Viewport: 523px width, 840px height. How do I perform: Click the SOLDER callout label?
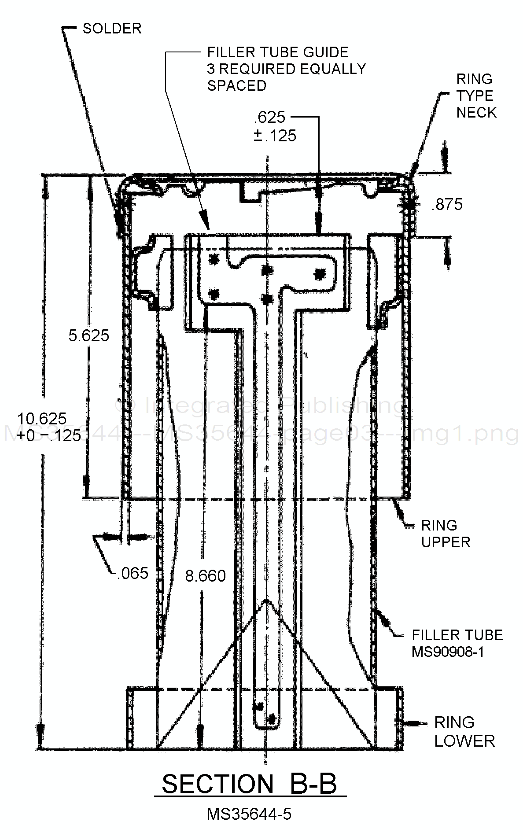pyautogui.click(x=112, y=29)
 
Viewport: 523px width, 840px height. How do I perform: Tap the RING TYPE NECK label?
pyautogui.click(x=476, y=96)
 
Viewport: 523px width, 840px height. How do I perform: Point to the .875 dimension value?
pyautogui.click(x=447, y=205)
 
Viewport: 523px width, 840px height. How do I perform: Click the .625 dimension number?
pyautogui.click(x=269, y=118)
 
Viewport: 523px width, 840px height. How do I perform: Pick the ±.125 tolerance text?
pyautogui.click(x=275, y=136)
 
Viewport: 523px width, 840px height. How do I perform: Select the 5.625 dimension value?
pyautogui.click(x=88, y=335)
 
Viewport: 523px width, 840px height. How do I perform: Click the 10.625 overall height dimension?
pyautogui.click(x=41, y=418)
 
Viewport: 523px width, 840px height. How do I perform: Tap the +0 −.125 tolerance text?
pyautogui.click(x=49, y=435)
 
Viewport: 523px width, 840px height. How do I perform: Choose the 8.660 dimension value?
pyautogui.click(x=205, y=576)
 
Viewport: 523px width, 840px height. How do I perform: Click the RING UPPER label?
pyautogui.click(x=445, y=534)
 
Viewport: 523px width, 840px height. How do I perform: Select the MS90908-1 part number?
pyautogui.click(x=448, y=652)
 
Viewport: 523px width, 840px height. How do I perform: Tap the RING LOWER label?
pyautogui.click(x=464, y=732)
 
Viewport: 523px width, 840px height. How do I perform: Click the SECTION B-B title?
pyautogui.click(x=249, y=784)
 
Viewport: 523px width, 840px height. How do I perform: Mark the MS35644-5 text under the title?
pyautogui.click(x=249, y=814)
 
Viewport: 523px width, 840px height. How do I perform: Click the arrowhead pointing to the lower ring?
pyautogui.click(x=409, y=723)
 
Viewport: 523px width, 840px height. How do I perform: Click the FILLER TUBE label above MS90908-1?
pyautogui.click(x=457, y=635)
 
